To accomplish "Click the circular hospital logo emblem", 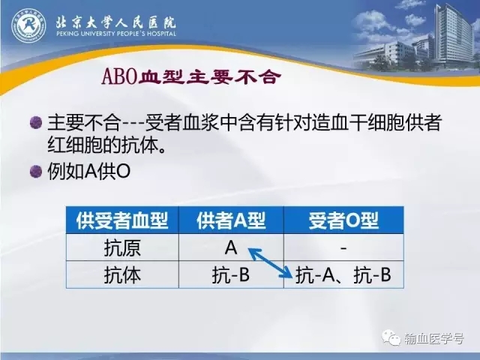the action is click(x=28, y=25).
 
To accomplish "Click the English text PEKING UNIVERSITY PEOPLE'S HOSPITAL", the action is click(x=116, y=33).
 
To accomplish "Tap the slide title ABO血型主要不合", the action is click(x=191, y=76).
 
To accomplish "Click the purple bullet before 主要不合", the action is click(x=36, y=122).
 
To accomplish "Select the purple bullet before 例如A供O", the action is click(x=36, y=171).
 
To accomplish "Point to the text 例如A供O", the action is click(x=89, y=171).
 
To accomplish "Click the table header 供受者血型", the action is click(x=122, y=220).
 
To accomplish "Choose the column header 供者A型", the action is click(x=231, y=220).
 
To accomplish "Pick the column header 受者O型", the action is click(x=343, y=220).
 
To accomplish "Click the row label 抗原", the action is click(x=122, y=247).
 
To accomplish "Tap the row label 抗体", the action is click(x=122, y=274).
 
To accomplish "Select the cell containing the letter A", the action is click(x=231, y=247).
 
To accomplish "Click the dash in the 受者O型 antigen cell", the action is click(x=343, y=248).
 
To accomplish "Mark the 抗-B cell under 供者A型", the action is click(x=231, y=274).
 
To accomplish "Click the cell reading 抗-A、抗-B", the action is click(x=343, y=274).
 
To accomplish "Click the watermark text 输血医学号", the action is click(x=434, y=338).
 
